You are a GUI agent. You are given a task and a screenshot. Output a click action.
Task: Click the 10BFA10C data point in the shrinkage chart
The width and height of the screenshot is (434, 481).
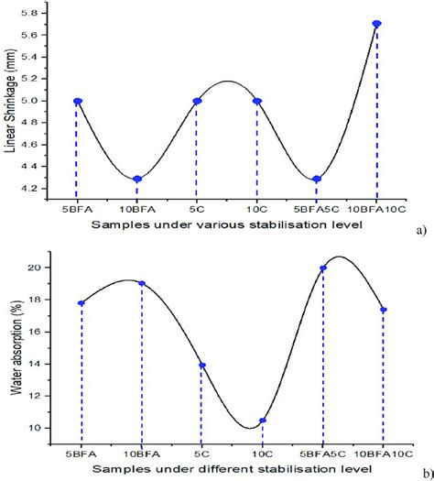click(376, 24)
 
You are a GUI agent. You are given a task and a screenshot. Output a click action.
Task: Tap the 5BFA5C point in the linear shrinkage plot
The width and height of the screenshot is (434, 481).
click(317, 179)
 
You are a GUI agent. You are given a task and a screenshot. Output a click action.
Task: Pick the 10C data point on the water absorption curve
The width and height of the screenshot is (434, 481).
click(263, 421)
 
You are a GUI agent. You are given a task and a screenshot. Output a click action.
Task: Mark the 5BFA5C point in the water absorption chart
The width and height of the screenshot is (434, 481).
click(323, 268)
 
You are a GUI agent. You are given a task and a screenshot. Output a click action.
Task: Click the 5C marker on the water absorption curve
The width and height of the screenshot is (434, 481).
click(202, 366)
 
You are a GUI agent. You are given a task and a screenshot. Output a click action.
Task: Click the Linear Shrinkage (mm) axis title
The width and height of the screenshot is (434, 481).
click(12, 101)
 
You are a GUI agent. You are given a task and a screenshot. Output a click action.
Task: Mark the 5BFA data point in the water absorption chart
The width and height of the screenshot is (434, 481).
click(81, 302)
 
